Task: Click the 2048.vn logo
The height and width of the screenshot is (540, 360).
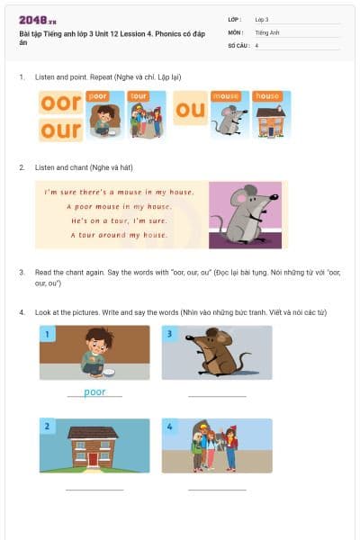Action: (35, 19)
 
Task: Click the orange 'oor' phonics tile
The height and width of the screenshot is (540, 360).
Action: (60, 103)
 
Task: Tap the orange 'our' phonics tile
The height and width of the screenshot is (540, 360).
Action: (60, 130)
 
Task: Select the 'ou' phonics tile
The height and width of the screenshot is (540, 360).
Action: (190, 111)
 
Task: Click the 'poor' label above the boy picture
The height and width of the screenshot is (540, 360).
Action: (98, 94)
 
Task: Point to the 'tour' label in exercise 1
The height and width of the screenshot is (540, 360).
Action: (139, 94)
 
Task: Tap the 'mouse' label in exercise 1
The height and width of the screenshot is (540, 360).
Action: (225, 94)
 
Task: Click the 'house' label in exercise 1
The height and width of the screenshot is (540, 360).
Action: (268, 94)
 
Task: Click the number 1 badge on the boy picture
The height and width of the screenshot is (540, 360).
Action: (46, 335)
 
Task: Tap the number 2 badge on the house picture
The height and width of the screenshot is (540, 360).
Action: (46, 427)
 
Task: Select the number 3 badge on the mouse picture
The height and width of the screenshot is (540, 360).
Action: (169, 335)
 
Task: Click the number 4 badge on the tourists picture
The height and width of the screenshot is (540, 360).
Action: (169, 427)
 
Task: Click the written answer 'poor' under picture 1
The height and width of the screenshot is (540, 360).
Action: (94, 391)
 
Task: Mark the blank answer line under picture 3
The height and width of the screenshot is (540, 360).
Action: (217, 395)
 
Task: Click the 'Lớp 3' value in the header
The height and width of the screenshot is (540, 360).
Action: (262, 19)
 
